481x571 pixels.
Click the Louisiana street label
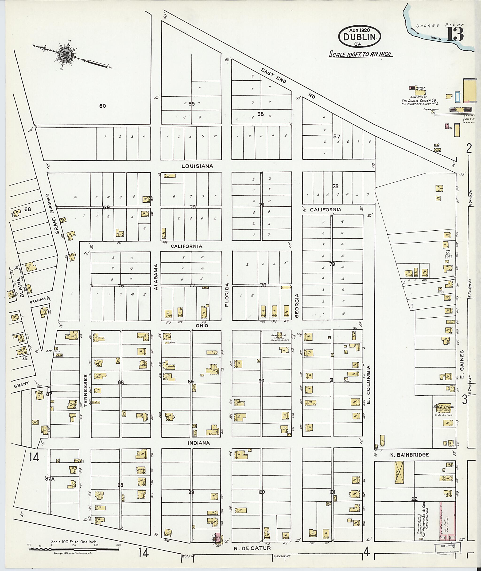click(198, 166)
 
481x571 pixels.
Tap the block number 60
click(103, 106)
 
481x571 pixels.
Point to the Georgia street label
click(297, 305)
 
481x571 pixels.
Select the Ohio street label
click(202, 326)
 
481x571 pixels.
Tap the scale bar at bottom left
click(74, 548)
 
